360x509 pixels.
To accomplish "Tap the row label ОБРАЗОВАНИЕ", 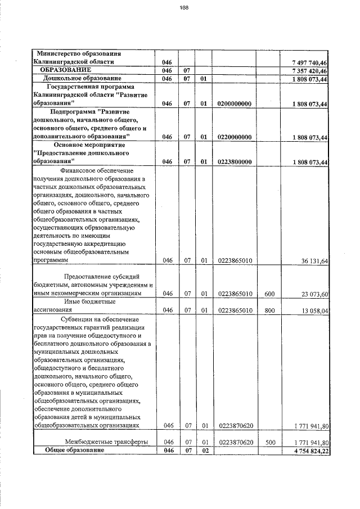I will point(65,70).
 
